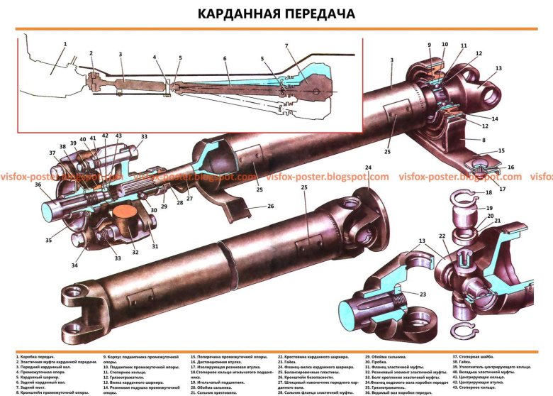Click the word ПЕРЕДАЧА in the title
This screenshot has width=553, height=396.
point(322,14)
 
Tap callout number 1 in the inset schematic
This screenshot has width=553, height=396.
point(64,44)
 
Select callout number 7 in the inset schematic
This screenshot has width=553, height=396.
point(286,46)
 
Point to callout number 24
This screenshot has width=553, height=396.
point(369,168)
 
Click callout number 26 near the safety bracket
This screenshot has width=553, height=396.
point(250,207)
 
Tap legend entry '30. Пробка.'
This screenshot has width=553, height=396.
point(384,361)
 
